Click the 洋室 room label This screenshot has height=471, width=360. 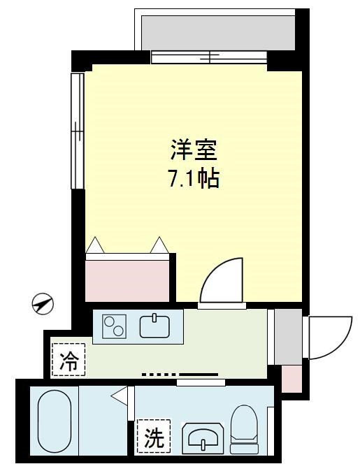194,150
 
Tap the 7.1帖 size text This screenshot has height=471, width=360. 194,178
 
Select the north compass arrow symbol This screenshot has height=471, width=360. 43,304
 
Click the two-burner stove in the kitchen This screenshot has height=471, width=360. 114,326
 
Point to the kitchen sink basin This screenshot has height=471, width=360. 154,326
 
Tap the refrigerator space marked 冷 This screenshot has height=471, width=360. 69,360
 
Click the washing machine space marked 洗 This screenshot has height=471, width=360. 154,437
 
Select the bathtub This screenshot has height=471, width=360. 55,421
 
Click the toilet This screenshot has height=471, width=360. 244,429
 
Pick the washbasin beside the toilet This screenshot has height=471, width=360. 203,438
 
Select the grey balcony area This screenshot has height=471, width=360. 218,33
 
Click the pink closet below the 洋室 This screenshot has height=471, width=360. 127,280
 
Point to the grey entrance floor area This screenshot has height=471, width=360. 288,336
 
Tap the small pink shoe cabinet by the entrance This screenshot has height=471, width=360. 291,379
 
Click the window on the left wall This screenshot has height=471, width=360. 77,131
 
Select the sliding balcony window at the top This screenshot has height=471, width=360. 209,57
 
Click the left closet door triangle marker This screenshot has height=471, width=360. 95,245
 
